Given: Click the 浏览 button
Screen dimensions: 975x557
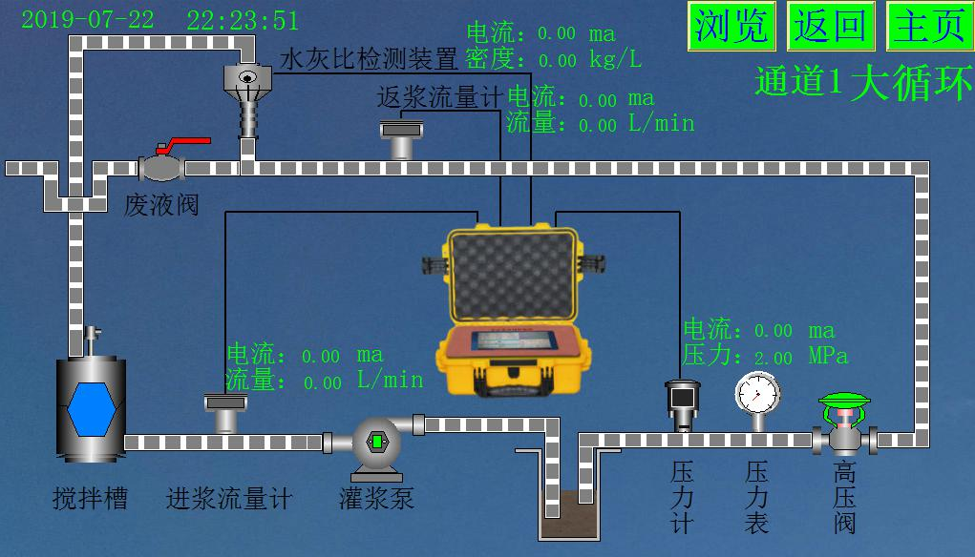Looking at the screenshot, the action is point(731,26).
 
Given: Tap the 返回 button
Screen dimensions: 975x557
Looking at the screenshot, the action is point(831,26).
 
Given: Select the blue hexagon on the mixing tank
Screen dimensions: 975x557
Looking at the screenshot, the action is point(92,409).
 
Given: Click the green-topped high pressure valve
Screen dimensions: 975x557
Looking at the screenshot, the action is point(844,423).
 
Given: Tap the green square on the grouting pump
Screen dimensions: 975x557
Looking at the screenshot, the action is point(377,442).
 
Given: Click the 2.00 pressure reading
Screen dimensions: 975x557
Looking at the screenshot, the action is point(773,358).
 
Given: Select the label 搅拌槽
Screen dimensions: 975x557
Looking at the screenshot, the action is point(90,498).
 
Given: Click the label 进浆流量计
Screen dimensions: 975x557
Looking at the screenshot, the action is point(229,498).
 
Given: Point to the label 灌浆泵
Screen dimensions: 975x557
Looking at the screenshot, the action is point(376,498).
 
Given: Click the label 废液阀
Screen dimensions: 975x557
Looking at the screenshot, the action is point(161,205).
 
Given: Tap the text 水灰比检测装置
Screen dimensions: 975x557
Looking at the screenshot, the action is point(369,59).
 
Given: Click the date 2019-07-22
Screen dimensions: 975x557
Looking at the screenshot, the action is point(88,19).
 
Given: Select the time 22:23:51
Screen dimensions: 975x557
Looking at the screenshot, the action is point(243,20).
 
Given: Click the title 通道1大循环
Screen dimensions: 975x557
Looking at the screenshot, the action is point(863,82).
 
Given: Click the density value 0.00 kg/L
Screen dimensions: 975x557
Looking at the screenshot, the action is point(589,60).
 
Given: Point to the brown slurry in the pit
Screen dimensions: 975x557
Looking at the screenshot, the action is point(569,514).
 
